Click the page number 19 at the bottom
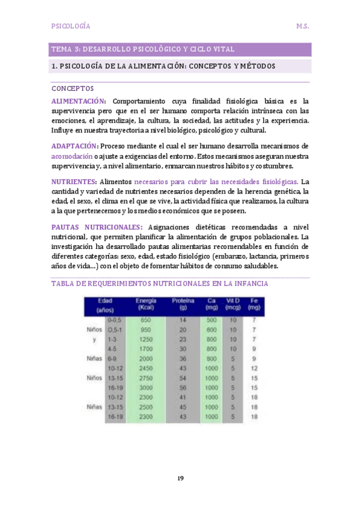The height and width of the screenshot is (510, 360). pos(180,478)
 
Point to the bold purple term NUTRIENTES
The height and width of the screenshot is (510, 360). pos(73,181)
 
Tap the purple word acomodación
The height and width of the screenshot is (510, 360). pos(72,156)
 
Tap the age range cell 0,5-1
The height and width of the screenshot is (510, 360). pos(114,330)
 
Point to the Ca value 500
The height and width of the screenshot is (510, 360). pos(211,320)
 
